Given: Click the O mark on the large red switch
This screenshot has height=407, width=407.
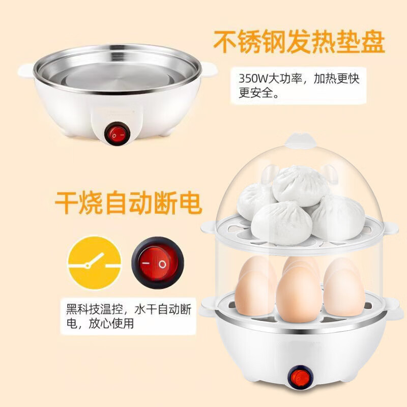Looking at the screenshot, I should (162, 265).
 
